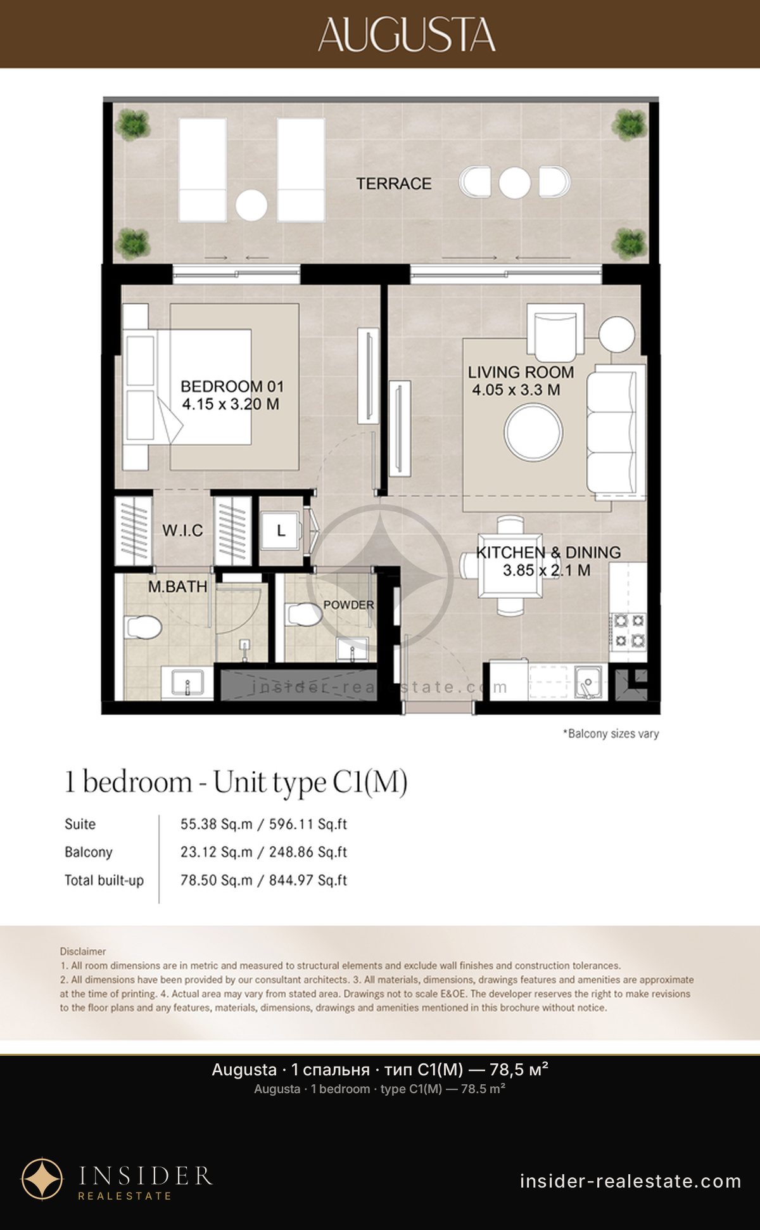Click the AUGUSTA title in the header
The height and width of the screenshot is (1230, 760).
[x=407, y=34]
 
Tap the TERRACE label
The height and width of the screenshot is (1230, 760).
[x=393, y=184]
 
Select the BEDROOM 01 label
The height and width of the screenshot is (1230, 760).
[x=232, y=386]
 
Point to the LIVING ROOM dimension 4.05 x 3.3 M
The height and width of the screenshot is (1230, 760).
[x=516, y=390]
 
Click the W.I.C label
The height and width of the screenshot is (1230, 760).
[x=182, y=530]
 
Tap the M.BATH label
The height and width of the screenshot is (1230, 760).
[x=177, y=587]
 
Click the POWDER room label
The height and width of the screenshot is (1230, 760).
[x=348, y=605]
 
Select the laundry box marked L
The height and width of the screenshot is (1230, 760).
[x=281, y=531]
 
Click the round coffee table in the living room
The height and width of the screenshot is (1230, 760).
[x=533, y=433]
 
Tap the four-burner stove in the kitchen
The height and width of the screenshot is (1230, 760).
[x=628, y=631]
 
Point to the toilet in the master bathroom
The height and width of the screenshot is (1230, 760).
[x=143, y=627]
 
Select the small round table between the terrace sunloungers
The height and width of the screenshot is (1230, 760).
[x=251, y=205]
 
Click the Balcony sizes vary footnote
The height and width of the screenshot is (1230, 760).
[x=611, y=734]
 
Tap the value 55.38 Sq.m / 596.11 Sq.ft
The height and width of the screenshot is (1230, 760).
[x=263, y=824]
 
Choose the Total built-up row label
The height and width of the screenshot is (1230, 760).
[x=104, y=880]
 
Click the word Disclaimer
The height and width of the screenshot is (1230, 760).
[x=83, y=951]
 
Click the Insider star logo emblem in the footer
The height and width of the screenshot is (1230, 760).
[x=42, y=1179]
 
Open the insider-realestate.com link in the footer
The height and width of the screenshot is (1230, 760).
[x=631, y=1181]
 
